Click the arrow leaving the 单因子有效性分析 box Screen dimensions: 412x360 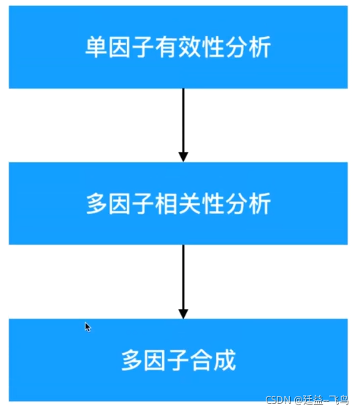coord(183,121)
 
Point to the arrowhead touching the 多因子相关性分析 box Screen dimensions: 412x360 coord(183,156)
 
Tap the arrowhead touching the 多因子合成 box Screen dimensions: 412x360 coord(183,313)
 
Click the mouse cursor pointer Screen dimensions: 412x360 coord(87,327)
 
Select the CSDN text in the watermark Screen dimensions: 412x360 coord(278,400)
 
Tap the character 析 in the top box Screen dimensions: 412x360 coord(261,48)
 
